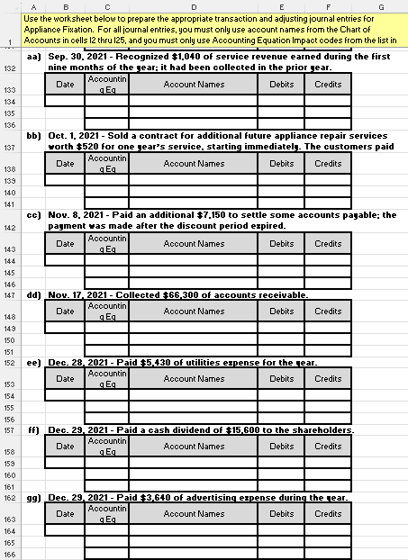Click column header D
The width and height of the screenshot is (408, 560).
pos(194,5)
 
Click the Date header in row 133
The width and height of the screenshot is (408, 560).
pos(65,84)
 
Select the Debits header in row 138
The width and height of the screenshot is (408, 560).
pos(281,164)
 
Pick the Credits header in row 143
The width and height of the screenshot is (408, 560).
pos(328,243)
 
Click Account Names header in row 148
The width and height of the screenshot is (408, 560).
pos(194,312)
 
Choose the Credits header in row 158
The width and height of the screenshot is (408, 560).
pos(328,446)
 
